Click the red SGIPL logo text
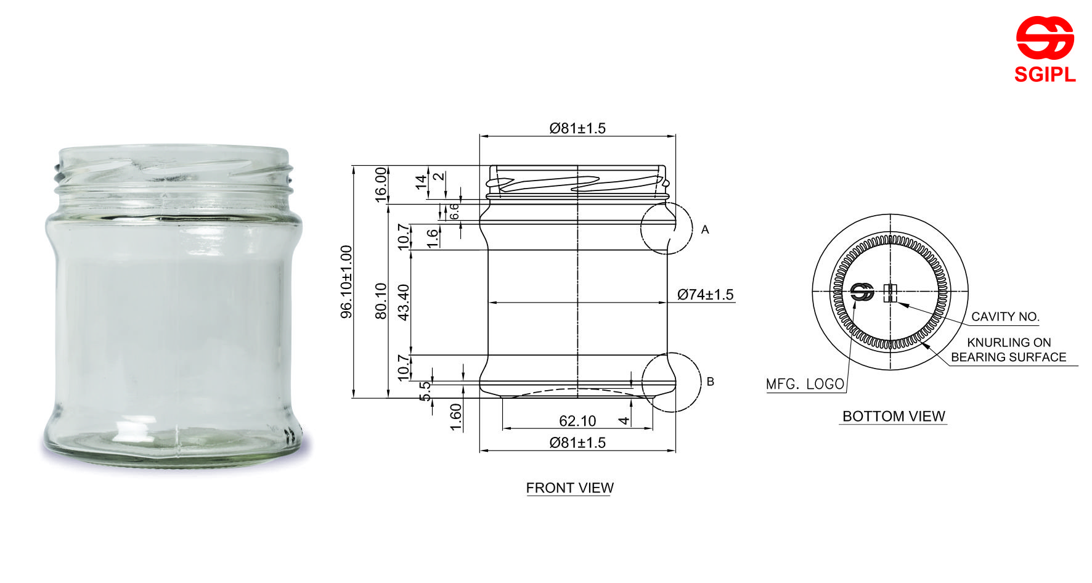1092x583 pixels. coord(1045,75)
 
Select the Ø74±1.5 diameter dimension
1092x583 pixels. coord(705,295)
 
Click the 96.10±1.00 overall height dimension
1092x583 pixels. coord(347,282)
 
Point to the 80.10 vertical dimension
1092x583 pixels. coord(381,301)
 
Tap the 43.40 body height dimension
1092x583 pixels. coord(404,302)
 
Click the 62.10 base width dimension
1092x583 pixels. coord(577,421)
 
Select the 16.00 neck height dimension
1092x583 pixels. coord(381,184)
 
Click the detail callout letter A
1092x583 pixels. coord(705,230)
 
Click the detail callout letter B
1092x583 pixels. coord(710,382)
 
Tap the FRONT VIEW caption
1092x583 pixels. coord(569,488)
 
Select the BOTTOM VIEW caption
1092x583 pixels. coord(893,417)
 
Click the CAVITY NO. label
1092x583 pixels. coord(1004,317)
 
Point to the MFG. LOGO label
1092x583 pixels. coord(805,385)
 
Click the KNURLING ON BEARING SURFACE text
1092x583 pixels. coord(1008,349)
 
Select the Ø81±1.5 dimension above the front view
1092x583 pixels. coord(577,128)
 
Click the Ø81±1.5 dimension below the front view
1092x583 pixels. coord(577,442)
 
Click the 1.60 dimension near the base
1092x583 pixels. coord(456,417)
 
